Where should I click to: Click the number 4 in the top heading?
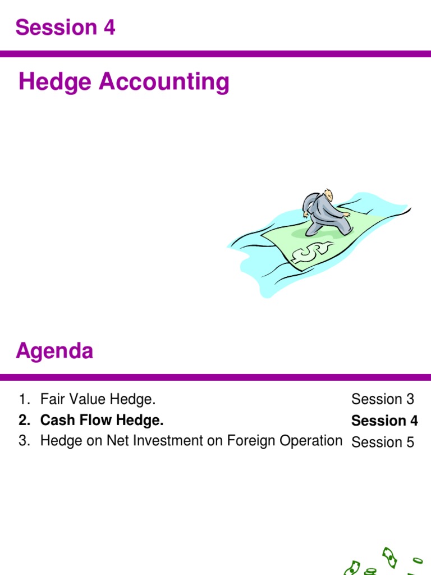pos(109,27)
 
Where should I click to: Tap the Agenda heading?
pos(54,352)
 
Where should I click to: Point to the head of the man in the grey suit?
pos(327,194)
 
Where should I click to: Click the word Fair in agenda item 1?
pos(50,400)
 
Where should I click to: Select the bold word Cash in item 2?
pos(54,421)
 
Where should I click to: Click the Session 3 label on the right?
pos(383,400)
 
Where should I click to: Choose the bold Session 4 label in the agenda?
pos(384,421)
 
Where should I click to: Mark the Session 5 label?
pos(383,442)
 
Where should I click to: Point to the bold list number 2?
pos(24,421)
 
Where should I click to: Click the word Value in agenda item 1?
pos(81,400)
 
